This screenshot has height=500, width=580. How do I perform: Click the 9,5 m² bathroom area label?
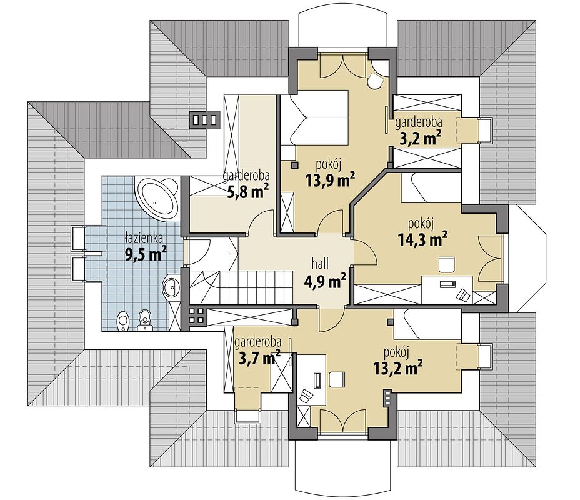tap(146, 254)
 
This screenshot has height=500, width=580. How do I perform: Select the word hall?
tap(321, 264)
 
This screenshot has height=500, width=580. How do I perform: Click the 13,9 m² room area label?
tap(331, 180)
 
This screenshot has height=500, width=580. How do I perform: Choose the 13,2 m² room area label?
tap(398, 368)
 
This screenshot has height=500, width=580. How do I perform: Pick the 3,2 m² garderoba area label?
tap(421, 138)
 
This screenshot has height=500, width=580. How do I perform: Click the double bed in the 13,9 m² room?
tap(314, 117)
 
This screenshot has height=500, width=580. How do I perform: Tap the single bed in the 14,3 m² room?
tap(431, 188)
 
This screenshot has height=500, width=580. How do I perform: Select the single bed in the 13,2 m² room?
tap(427, 324)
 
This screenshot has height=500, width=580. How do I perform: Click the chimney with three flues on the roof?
tap(204, 120)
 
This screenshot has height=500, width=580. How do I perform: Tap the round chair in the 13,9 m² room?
tap(375, 81)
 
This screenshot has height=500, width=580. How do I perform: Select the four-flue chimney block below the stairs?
tap(196, 315)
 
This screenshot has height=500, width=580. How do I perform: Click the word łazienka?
tap(144, 238)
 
